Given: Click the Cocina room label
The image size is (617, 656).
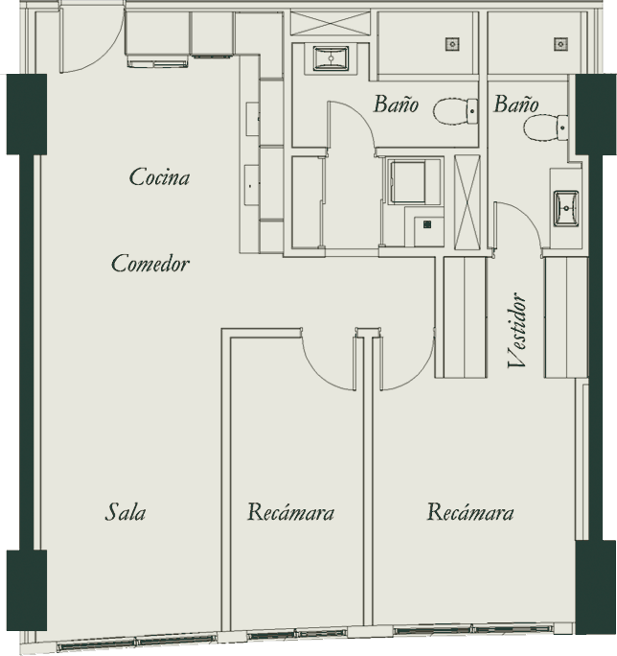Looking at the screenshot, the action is point(159,177).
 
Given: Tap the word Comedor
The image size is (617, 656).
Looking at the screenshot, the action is point(150,264).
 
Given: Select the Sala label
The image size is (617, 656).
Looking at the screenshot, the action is point(125,512).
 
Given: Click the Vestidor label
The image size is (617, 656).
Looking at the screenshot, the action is point(516,330).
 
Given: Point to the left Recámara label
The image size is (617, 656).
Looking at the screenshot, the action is point(290,512).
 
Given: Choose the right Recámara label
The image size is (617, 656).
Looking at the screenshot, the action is point(470,512).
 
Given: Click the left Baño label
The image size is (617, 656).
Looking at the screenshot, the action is point(396,104).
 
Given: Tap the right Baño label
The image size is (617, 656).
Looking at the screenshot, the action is point(515,104).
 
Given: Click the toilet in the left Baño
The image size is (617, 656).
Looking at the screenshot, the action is point(456,111).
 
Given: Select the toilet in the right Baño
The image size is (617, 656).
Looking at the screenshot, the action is point(546,128).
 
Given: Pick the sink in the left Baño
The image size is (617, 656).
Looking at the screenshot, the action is point(331,59).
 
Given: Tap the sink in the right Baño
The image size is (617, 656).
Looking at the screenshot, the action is point(566,208).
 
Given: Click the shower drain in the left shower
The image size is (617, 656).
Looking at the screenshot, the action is point(452,43).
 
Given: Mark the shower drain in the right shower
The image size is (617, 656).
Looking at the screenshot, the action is point(560,43).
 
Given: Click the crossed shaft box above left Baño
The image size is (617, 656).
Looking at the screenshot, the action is point(331,24).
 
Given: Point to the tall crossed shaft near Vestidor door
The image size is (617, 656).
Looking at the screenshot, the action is point(468,202).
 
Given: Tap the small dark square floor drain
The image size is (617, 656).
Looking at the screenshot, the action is point(426,225).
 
